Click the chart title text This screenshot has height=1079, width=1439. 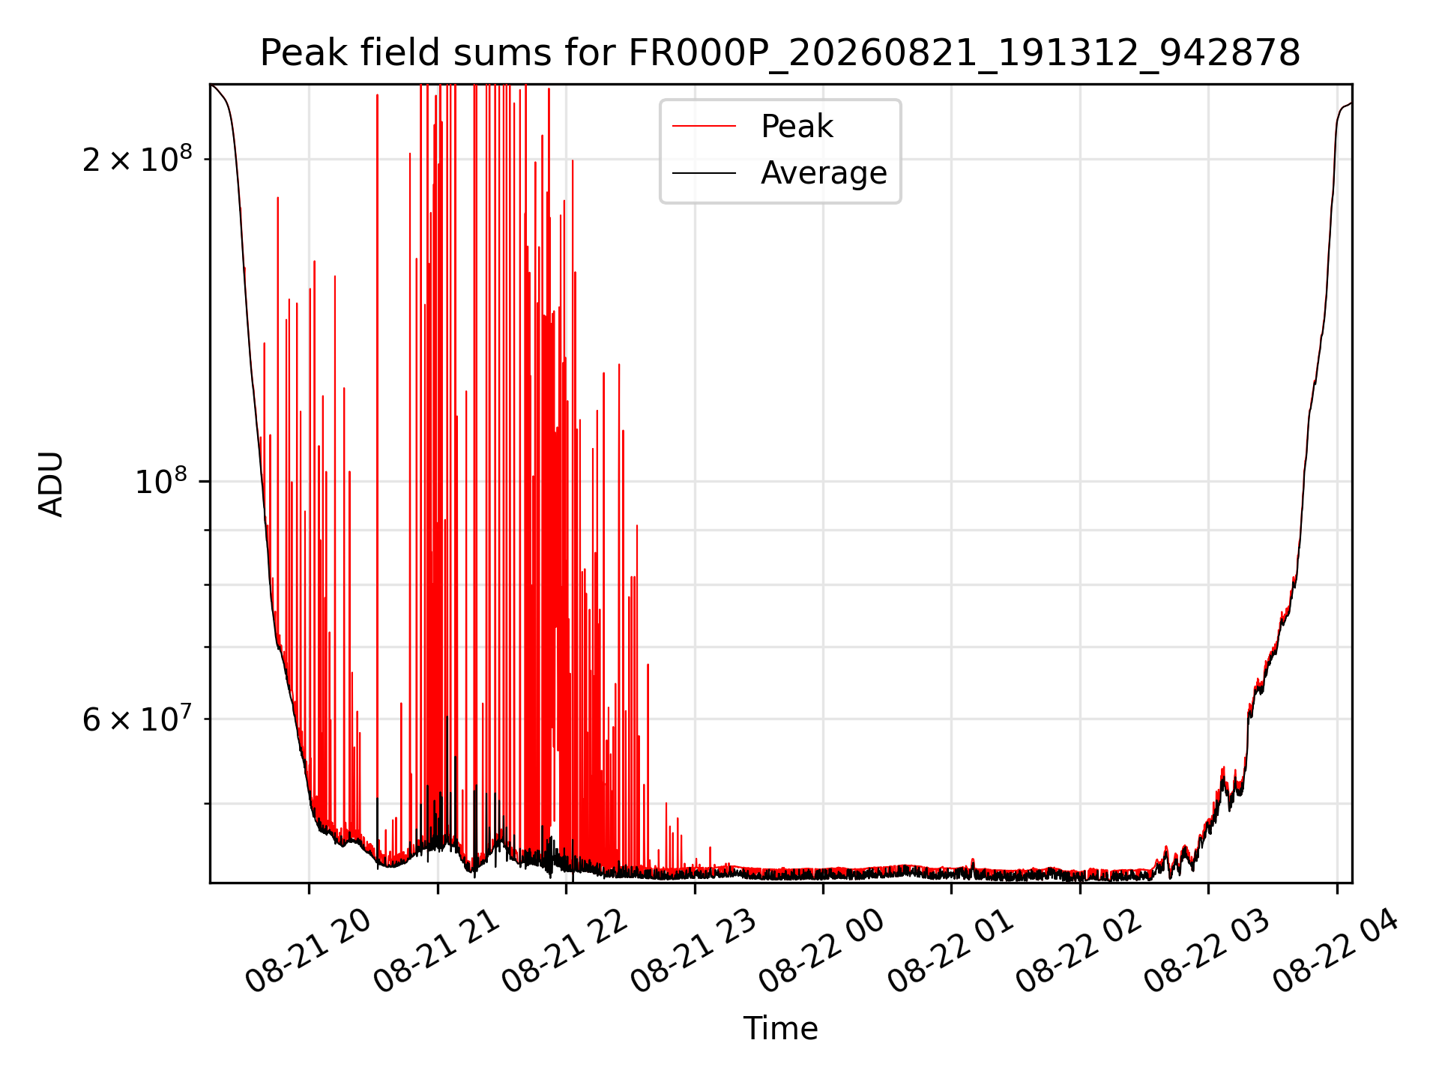coord(780,53)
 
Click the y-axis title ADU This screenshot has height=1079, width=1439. coord(52,484)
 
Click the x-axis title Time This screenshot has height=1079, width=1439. coord(780,1028)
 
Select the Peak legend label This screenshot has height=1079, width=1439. coord(797,127)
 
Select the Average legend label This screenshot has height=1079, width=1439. coord(824,173)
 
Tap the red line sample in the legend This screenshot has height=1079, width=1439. coord(704,127)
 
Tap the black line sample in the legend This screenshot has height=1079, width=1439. coord(704,173)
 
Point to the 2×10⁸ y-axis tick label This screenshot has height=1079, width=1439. coord(137,158)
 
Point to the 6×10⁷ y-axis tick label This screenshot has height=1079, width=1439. coord(137,719)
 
